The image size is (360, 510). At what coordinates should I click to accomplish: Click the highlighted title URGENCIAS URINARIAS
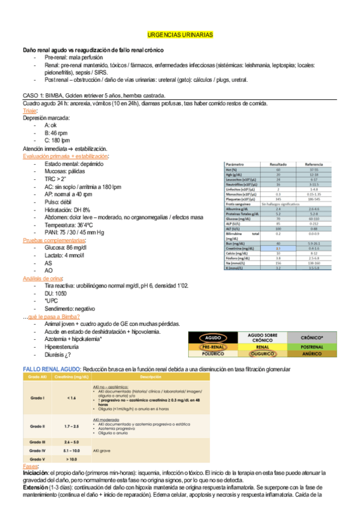tap(180, 35)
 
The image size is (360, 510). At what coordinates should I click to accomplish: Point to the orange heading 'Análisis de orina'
tap(43, 278)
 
